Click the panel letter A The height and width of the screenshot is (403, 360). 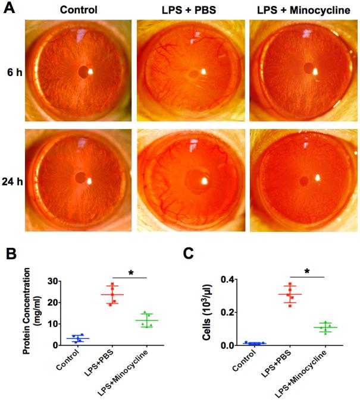[x=9, y=10]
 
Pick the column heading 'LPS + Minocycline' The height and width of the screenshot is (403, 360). [x=303, y=10]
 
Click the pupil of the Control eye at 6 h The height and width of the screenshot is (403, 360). [x=82, y=71]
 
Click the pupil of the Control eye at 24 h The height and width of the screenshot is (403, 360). [x=80, y=178]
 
